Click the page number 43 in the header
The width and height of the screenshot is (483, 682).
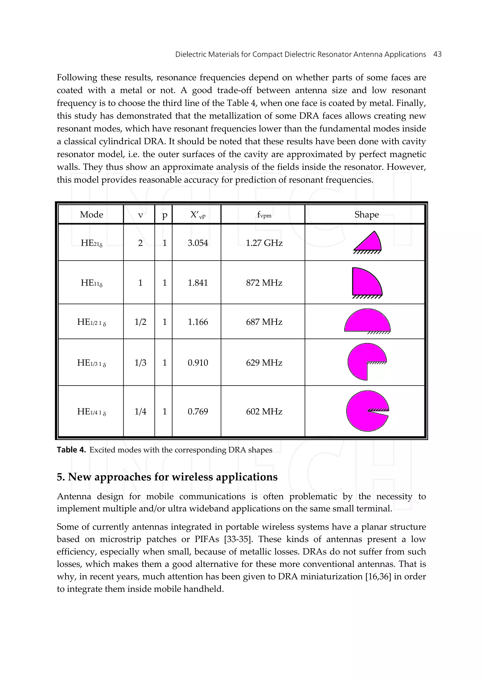(437, 54)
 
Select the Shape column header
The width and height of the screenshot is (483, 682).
(366, 214)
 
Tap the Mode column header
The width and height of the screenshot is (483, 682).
(91, 214)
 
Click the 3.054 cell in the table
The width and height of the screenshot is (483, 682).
(198, 243)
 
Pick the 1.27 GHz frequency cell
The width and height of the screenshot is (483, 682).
(264, 243)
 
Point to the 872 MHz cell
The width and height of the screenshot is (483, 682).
(264, 283)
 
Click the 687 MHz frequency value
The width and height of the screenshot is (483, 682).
(264, 322)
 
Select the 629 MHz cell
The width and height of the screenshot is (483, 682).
(264, 363)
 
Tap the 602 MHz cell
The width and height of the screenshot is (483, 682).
(264, 411)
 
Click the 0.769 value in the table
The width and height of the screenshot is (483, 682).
(198, 411)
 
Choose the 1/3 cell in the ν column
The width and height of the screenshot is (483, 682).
(140, 363)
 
